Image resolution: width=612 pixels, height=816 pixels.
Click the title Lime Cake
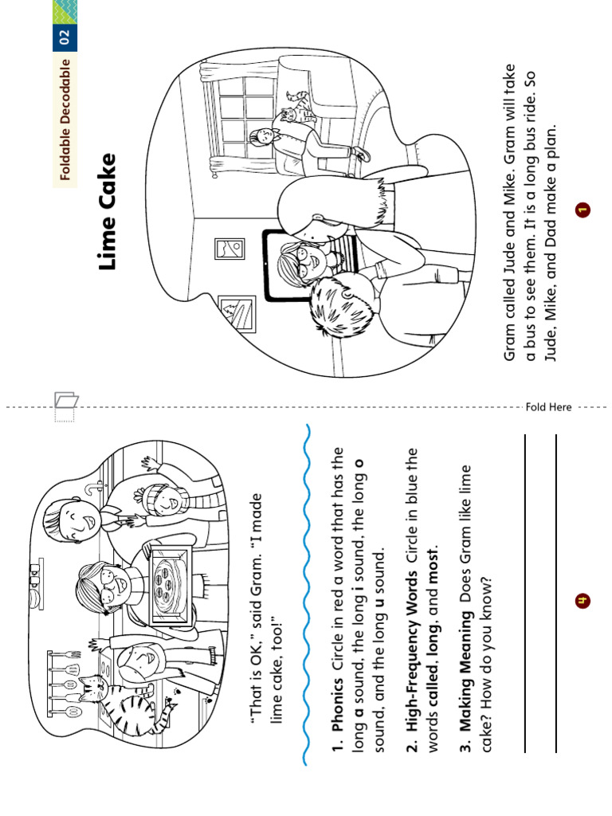coord(108,211)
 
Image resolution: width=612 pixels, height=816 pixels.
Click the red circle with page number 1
coord(583,210)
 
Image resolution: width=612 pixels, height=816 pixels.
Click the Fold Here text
coord(549,407)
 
